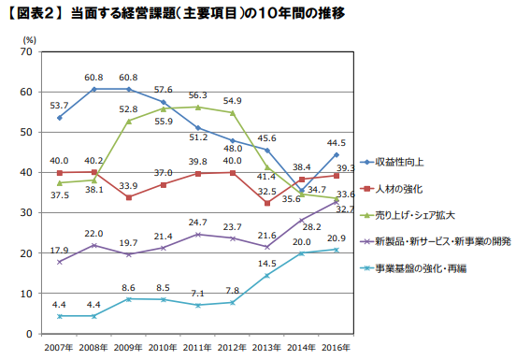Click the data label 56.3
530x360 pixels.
pyautogui.click(x=197, y=95)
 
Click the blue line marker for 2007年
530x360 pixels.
pyautogui.click(x=59, y=117)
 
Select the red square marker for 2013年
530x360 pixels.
pyautogui.click(x=267, y=203)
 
